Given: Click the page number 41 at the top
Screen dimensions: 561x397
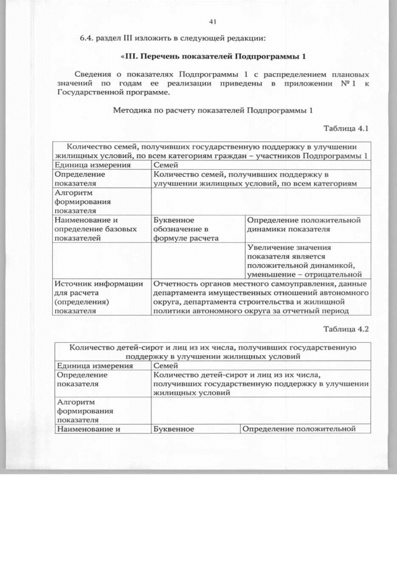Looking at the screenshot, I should tap(213, 22).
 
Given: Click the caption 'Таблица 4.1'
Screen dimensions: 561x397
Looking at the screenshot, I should tap(346, 128).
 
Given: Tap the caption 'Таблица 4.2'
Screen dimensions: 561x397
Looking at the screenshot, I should tap(346, 329).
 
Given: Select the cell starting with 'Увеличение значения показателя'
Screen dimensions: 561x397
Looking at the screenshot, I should tap(304, 261).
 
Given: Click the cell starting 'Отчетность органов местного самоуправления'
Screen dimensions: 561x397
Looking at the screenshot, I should tap(261, 298).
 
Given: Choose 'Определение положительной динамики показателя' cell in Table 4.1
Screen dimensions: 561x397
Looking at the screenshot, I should tap(303, 224).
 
